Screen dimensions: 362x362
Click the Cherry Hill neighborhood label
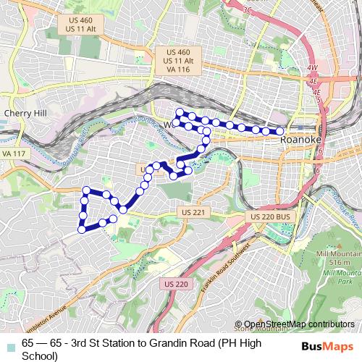(x=25, y=113)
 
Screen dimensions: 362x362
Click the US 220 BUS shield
(x=270, y=217)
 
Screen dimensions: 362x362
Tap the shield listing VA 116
(x=177, y=62)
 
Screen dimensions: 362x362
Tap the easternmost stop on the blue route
(x=280, y=131)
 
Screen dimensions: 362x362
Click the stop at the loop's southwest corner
(x=81, y=230)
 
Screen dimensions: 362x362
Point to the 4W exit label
(x=313, y=69)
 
